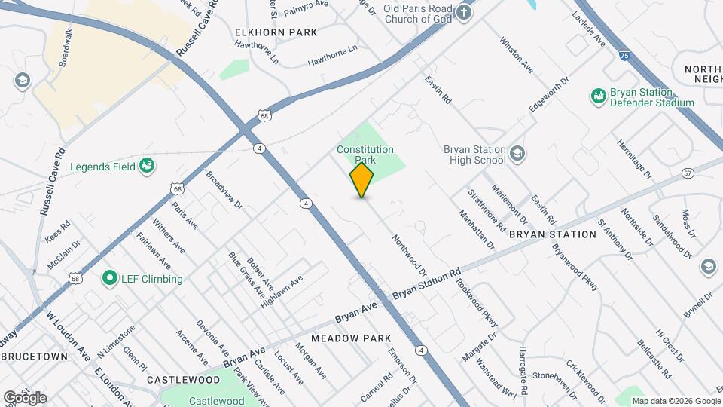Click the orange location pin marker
click(362, 180)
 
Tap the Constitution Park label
click(365, 155)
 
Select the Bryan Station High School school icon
click(517, 155)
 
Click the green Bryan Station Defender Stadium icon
click(599, 97)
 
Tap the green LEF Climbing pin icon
click(110, 279)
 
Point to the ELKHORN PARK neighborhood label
click(276, 32)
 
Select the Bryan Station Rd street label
click(426, 283)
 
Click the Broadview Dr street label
click(224, 189)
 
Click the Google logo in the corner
click(25, 398)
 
